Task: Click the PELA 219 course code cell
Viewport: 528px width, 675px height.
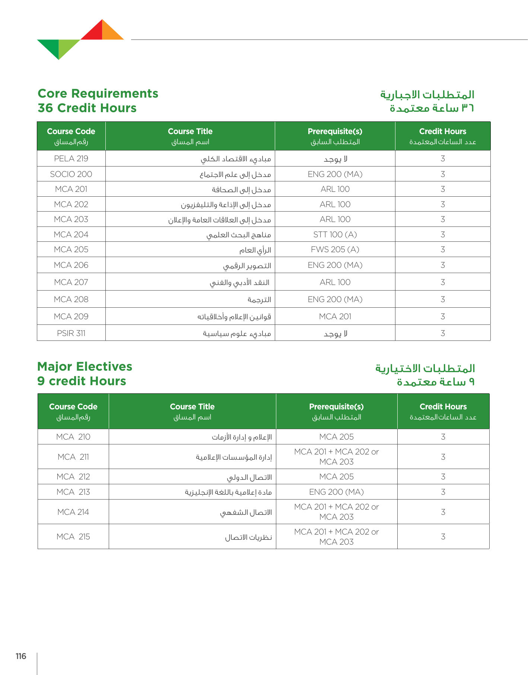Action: (x=71, y=159)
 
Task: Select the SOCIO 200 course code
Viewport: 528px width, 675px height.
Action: (x=71, y=174)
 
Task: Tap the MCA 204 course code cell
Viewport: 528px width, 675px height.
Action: (x=71, y=235)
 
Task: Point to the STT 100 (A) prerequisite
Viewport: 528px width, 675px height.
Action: (x=335, y=235)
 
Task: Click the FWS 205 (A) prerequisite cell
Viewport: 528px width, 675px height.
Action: (x=335, y=250)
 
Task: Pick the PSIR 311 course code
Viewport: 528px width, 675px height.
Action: (x=71, y=333)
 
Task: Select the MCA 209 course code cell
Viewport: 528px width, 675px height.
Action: (x=71, y=317)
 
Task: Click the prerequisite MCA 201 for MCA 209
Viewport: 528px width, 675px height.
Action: (x=335, y=317)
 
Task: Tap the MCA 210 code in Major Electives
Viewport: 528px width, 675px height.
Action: (x=73, y=437)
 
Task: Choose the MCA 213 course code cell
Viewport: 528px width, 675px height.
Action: (x=73, y=492)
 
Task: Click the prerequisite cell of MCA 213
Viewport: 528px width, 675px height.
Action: (x=337, y=492)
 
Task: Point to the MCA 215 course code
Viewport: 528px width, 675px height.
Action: (x=73, y=537)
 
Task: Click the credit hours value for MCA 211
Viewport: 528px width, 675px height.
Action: (x=443, y=457)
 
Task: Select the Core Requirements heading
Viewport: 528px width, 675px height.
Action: (x=98, y=94)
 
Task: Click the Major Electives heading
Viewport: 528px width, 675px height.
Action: (x=85, y=367)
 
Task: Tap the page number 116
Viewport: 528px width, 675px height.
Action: (x=21, y=656)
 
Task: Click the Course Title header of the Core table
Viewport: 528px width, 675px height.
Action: (x=190, y=131)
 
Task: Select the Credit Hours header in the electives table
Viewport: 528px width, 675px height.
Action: (x=443, y=407)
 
